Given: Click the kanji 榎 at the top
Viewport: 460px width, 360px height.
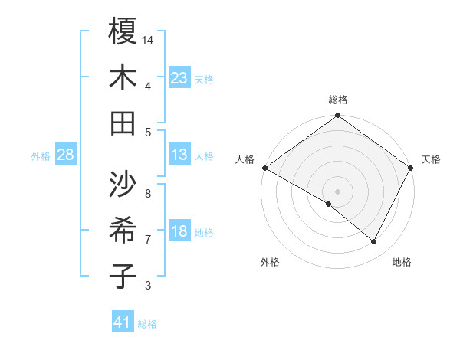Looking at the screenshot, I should coord(123,31).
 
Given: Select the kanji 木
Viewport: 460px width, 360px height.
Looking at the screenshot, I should coord(123,77).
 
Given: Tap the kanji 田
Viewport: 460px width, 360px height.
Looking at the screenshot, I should coord(123,123).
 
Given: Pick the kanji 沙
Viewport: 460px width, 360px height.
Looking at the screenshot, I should coord(123,184).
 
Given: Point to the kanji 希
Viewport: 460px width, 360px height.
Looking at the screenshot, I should coord(123,231).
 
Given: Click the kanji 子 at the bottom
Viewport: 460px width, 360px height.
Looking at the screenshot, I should coord(123,277).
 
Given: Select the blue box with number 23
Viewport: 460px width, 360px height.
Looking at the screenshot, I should coord(179,78).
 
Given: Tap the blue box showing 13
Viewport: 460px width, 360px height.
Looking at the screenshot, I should coord(179,155).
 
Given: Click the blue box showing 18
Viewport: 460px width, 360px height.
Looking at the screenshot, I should coord(179,232).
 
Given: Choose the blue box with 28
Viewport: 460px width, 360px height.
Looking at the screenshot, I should coord(65,155).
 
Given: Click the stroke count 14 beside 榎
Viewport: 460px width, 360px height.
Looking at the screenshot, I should coord(149,39).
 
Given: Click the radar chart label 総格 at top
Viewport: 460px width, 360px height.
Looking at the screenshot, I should coord(338,100).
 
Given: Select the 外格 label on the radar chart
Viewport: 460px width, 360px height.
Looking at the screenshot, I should coord(270,262).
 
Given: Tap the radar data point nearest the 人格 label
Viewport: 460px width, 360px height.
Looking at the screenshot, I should coord(264,168).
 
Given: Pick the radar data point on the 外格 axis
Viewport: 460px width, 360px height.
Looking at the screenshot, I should coord(329,205).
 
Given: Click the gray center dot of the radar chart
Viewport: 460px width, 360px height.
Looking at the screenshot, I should coord(337,191).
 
